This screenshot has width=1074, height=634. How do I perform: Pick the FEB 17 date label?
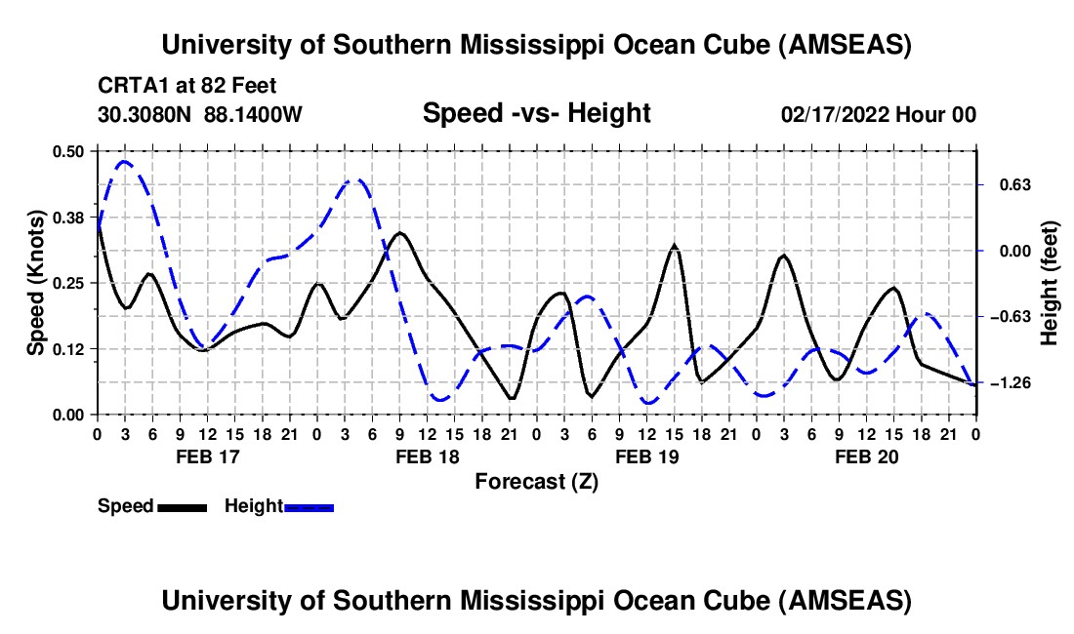click(x=207, y=456)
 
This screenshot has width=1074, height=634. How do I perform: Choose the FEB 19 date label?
click(x=646, y=456)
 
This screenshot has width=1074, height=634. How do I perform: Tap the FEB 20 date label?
click(x=866, y=456)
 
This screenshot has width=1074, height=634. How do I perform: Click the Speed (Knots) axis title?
click(x=36, y=283)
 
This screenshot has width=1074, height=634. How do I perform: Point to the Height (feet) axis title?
click(x=1050, y=283)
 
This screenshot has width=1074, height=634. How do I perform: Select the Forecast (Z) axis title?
click(x=536, y=481)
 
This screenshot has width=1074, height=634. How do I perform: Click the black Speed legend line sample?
click(x=182, y=506)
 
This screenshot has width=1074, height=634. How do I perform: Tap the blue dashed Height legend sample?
click(x=310, y=506)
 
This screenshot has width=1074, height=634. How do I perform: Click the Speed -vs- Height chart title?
click(x=536, y=113)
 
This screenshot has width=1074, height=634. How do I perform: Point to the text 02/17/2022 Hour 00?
click(x=879, y=115)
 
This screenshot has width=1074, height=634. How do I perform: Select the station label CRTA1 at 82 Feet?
click(x=172, y=85)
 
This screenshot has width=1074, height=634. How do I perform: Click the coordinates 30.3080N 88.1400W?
click(x=200, y=115)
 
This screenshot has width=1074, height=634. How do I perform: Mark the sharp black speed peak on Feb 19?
click(x=675, y=246)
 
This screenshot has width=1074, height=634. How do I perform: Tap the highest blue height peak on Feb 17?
click(x=124, y=162)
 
